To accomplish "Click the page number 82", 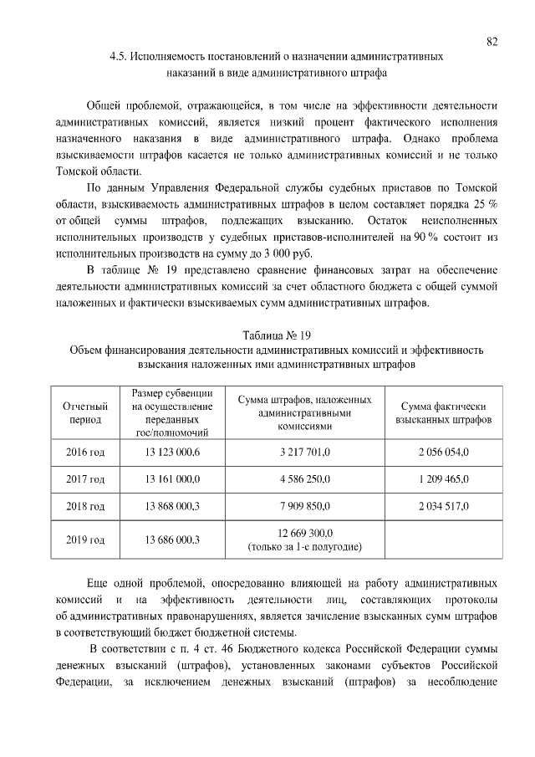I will click(492, 42).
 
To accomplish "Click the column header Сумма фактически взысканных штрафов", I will click(443, 412).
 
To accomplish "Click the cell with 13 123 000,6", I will click(172, 452).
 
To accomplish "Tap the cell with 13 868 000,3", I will click(172, 507).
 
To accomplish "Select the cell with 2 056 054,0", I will click(443, 452).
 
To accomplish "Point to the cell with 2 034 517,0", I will click(443, 507).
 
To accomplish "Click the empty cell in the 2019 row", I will click(443, 540).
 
